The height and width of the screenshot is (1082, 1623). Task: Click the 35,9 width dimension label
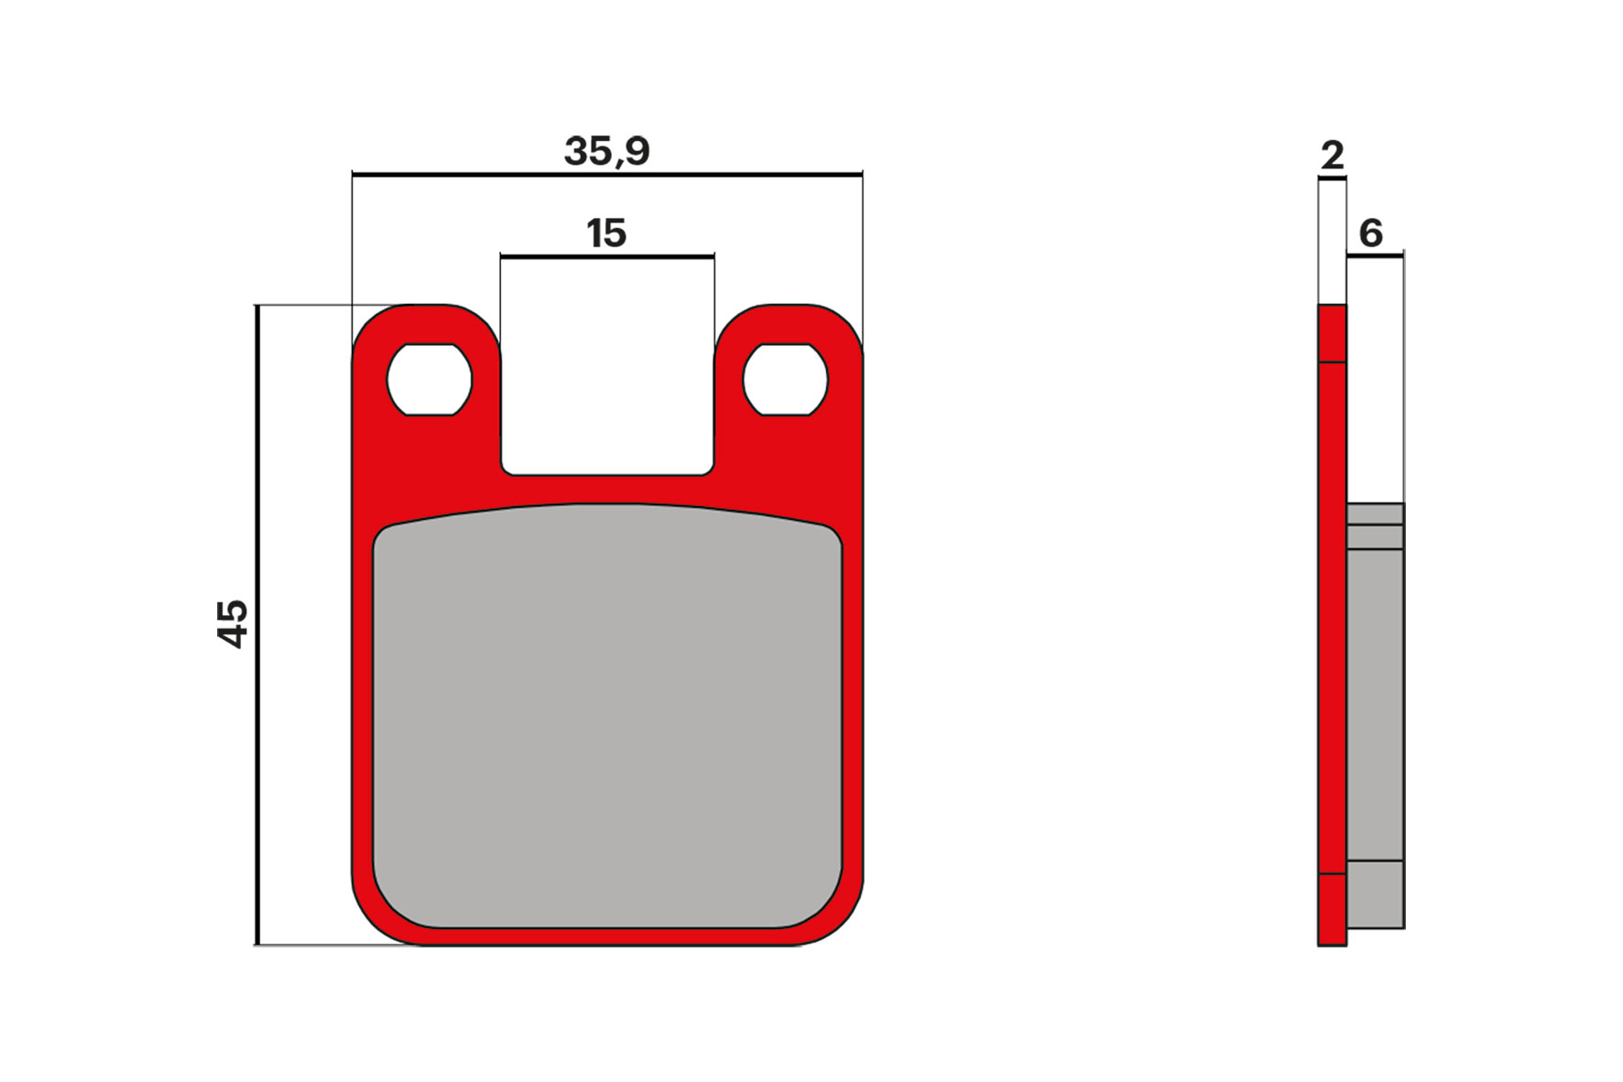point(606,151)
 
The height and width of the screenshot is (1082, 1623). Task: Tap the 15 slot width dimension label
point(606,233)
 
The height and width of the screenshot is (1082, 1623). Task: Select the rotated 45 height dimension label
point(233,623)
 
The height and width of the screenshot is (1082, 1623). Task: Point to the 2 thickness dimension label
point(1332,156)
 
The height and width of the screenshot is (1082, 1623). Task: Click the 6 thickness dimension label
point(1370,233)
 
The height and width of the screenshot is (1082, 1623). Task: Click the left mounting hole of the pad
point(429,380)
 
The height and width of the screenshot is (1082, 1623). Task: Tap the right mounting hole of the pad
point(785,380)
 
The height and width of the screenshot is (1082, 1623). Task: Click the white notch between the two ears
point(606,384)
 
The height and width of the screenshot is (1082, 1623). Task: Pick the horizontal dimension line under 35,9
point(606,174)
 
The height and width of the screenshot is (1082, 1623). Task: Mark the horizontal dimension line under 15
point(606,257)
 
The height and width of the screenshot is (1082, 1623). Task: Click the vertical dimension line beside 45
point(257,623)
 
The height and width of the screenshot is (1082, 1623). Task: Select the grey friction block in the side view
point(1375,705)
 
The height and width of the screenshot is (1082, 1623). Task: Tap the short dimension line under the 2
point(1332,179)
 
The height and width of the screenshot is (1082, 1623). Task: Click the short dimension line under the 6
point(1375,256)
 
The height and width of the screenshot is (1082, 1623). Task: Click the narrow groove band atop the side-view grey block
point(1375,536)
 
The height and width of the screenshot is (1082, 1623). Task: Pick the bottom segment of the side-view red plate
point(1332,909)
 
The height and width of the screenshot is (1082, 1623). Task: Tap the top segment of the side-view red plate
point(1332,333)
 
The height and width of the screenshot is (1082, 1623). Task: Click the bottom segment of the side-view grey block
point(1375,894)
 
